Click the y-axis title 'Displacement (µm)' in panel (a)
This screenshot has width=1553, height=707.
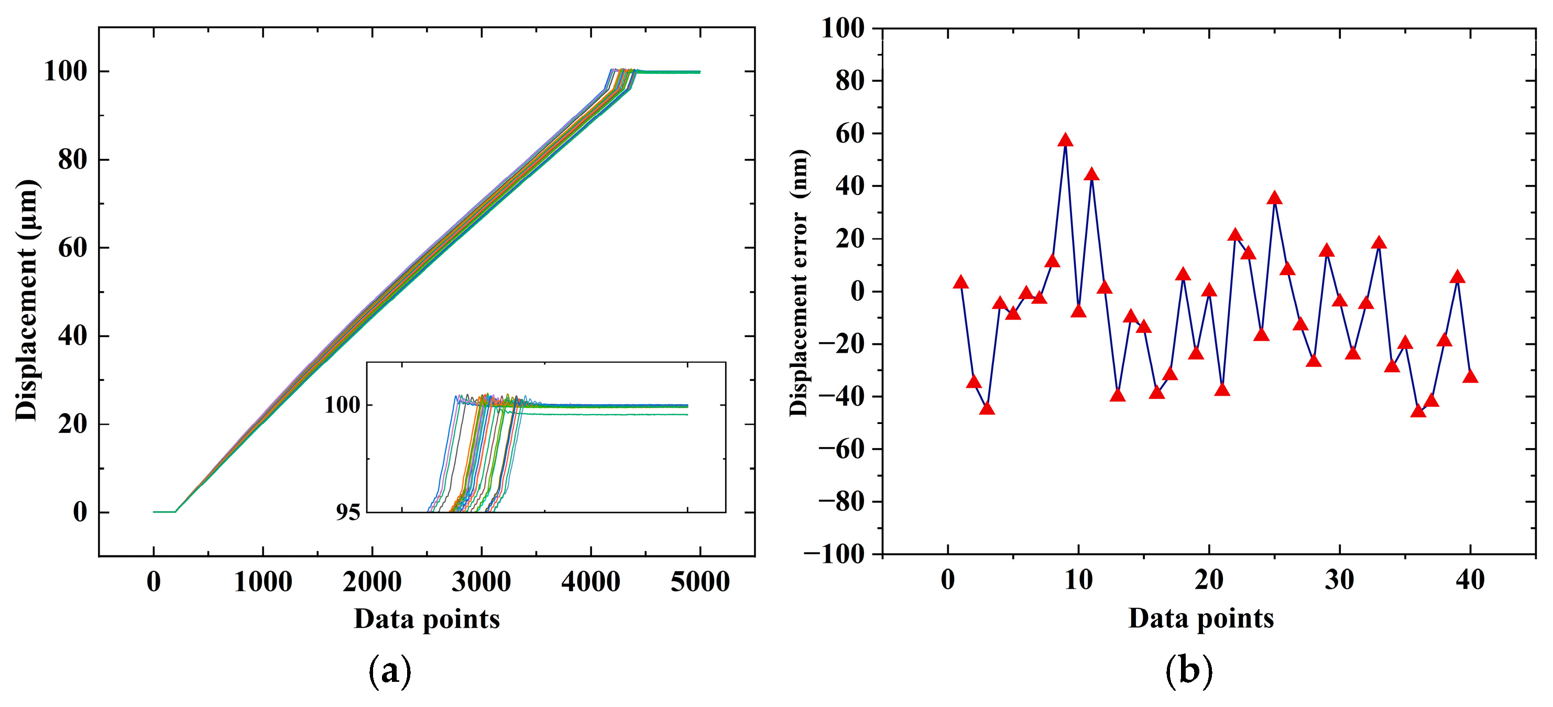point(27,300)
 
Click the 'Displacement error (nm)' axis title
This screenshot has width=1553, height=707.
point(800,282)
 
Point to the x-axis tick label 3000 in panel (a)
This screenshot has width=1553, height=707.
point(481,582)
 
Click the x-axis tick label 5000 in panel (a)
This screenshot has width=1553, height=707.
point(699,582)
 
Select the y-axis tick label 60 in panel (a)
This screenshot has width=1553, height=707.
point(72,248)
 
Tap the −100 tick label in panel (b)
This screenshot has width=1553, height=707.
point(834,554)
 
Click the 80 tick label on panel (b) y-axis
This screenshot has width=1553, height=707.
point(850,81)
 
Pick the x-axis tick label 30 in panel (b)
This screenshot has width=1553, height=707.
point(1339,580)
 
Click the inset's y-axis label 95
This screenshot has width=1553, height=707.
point(348,513)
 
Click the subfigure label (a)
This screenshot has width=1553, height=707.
point(390,670)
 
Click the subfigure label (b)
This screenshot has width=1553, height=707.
point(1189,670)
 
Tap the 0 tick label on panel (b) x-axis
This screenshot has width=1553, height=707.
point(948,580)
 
